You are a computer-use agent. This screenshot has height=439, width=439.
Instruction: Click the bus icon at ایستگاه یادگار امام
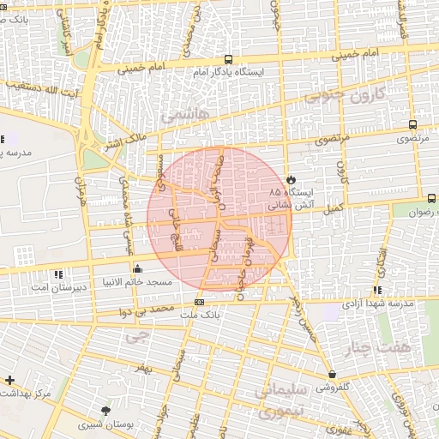228,59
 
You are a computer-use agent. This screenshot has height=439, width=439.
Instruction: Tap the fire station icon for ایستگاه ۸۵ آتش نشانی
292,178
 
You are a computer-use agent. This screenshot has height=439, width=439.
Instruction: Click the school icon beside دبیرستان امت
58,274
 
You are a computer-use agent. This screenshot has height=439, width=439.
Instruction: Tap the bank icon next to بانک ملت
199,302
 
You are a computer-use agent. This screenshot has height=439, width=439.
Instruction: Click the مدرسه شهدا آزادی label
378,304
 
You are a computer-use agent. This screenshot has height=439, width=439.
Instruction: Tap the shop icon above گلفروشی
332,374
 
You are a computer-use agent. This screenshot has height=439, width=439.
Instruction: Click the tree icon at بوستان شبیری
105,411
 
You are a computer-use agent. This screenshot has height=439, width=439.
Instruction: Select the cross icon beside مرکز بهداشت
9,379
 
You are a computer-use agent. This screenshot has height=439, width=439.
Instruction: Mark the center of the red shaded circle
219,219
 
